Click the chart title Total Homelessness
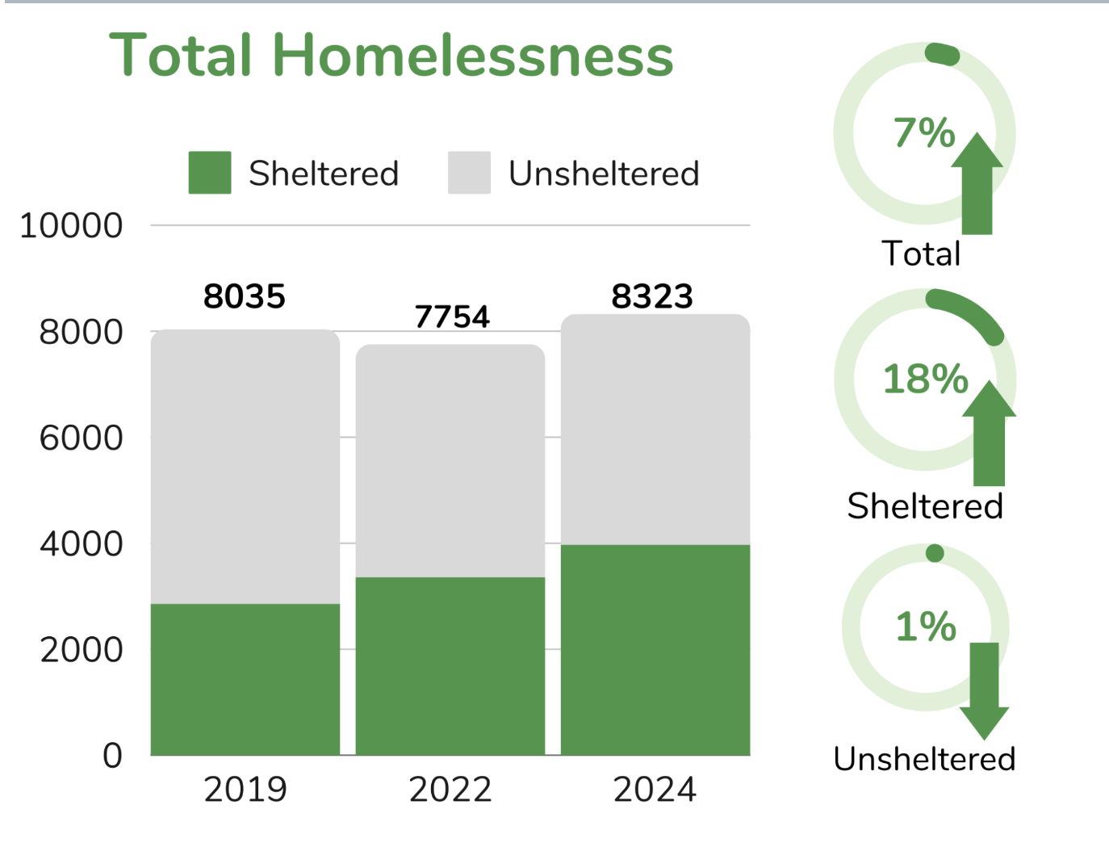click(x=391, y=55)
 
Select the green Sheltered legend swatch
click(x=209, y=173)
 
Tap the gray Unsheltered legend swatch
click(x=469, y=173)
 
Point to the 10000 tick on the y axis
click(x=71, y=225)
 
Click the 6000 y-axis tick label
click(x=81, y=438)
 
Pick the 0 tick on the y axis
click(x=112, y=755)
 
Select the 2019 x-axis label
click(x=245, y=789)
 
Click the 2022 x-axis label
click(x=450, y=789)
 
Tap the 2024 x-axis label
click(x=655, y=789)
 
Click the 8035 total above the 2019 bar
click(x=245, y=296)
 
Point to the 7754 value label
click(x=452, y=317)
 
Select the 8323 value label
click(x=652, y=296)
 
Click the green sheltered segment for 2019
click(x=245, y=679)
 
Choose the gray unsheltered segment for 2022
click(x=450, y=460)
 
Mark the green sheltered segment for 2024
click(x=655, y=650)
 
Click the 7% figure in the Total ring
click(x=924, y=132)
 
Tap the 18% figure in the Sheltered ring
click(x=925, y=379)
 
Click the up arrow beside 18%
click(x=989, y=436)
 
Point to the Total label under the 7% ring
click(x=921, y=254)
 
